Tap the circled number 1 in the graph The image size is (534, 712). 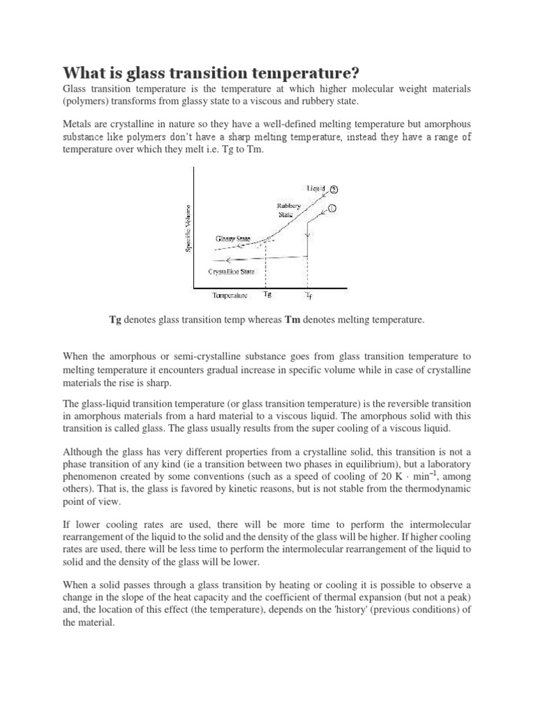click(x=332, y=208)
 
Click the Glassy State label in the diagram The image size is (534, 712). click(x=234, y=238)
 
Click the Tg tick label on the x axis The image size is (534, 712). click(x=268, y=294)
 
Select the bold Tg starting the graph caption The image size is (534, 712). click(x=116, y=318)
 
